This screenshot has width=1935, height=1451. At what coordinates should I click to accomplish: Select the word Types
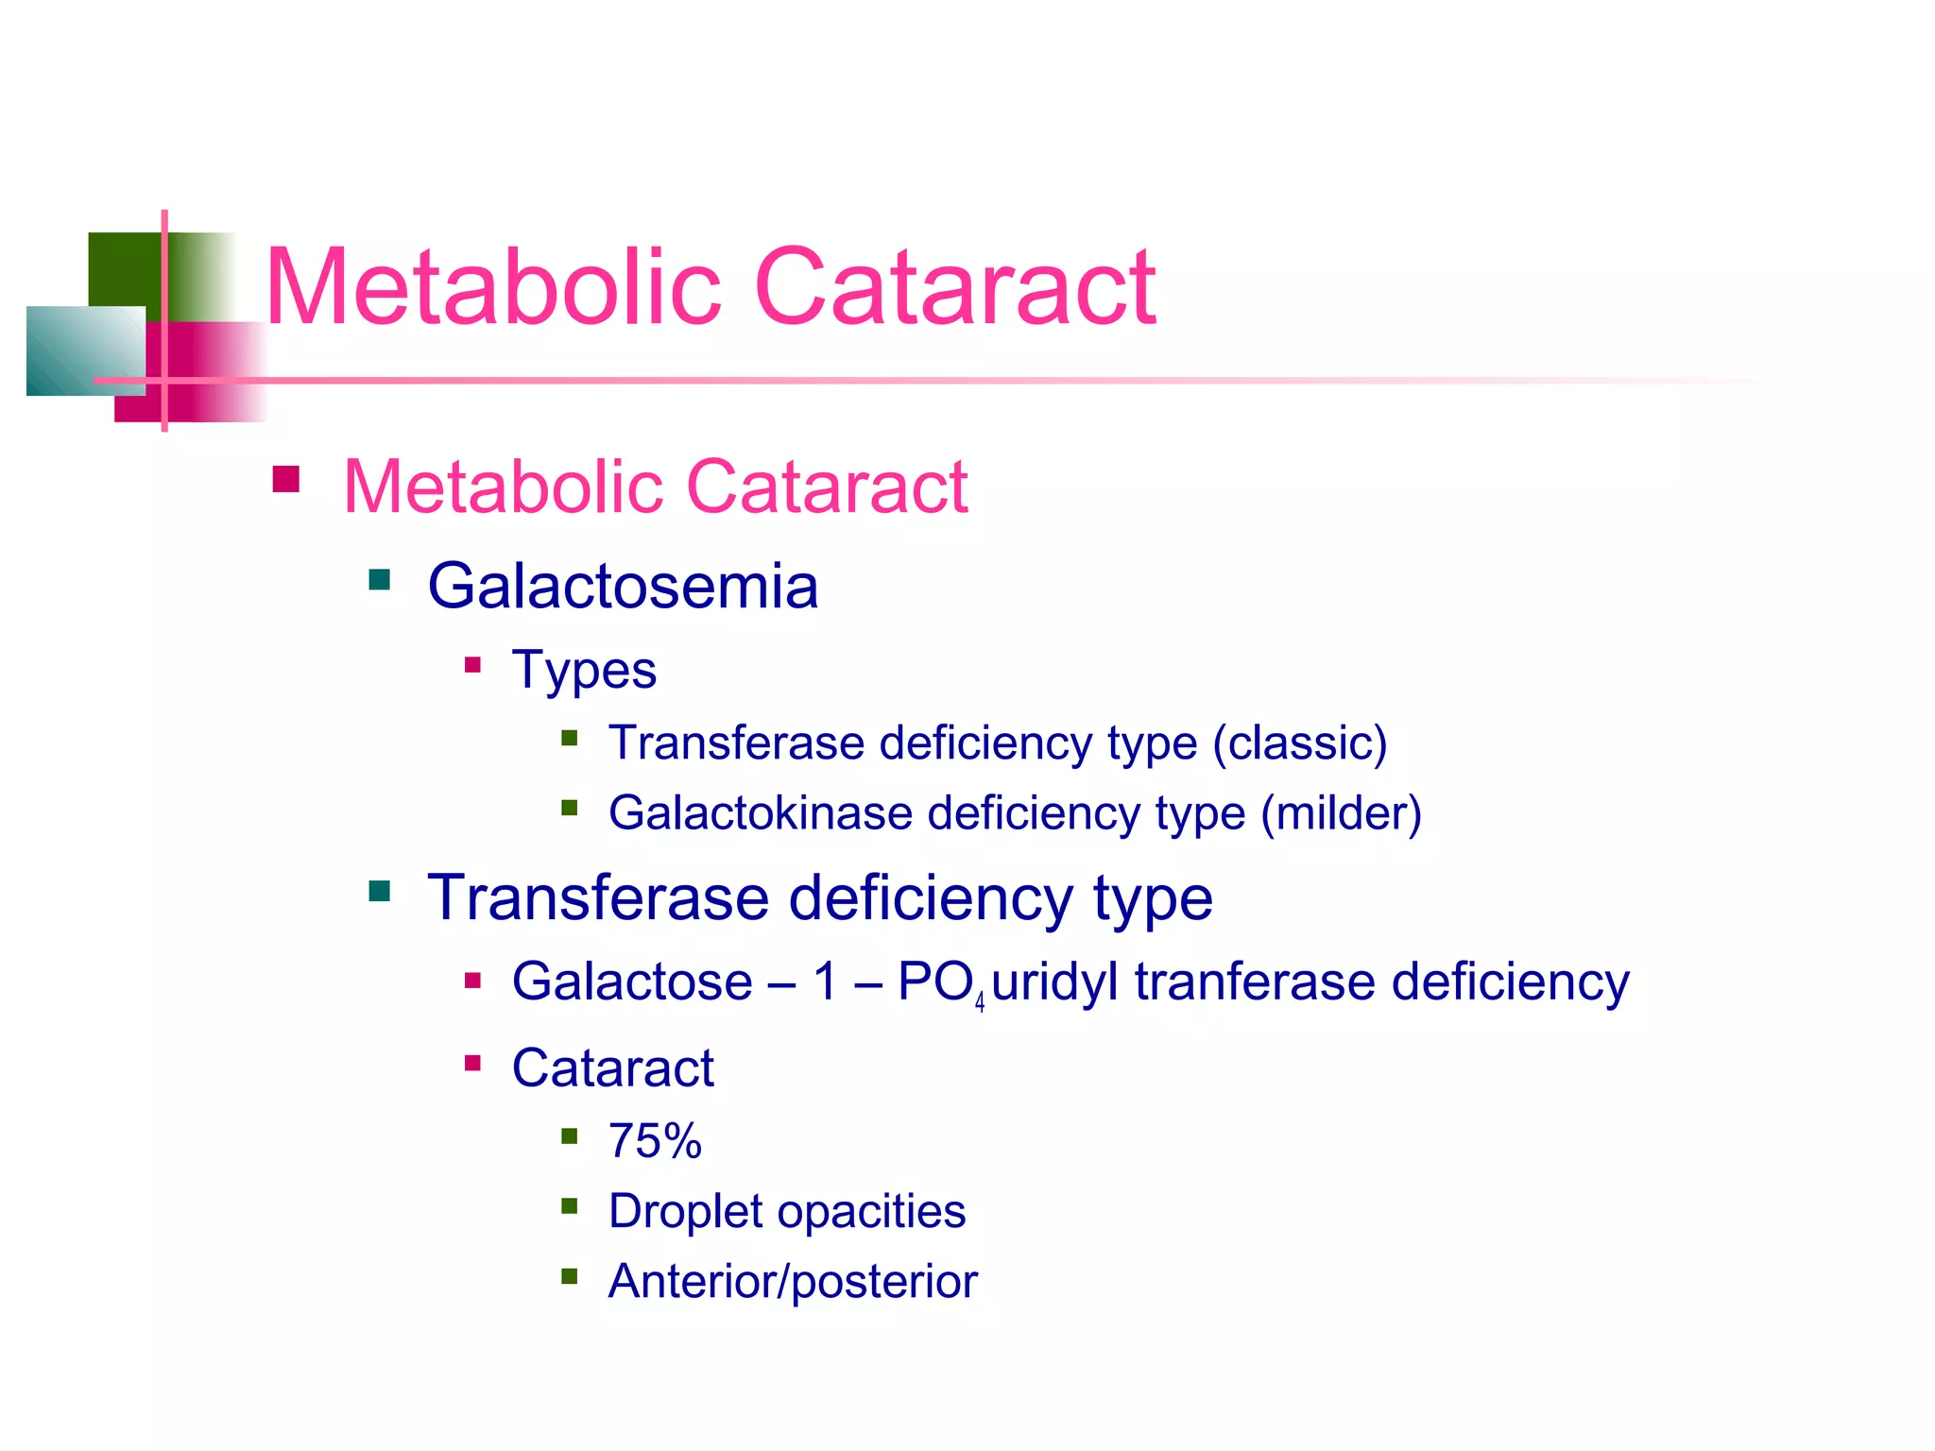click(584, 671)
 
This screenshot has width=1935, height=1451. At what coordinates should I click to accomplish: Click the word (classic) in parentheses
click(1300, 743)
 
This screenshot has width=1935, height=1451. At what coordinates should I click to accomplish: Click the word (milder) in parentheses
click(1341, 813)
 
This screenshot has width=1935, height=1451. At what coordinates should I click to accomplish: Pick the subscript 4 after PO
click(980, 1002)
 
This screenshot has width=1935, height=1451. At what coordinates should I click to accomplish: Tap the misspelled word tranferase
click(1255, 982)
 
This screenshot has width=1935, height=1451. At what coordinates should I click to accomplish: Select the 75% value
click(655, 1141)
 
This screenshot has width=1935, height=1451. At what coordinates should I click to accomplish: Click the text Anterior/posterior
click(793, 1282)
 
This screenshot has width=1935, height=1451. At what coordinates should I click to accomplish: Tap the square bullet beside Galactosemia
click(380, 579)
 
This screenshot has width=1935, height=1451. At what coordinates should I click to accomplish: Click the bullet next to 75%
click(569, 1135)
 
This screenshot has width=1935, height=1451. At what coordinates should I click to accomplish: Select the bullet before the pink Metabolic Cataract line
click(285, 480)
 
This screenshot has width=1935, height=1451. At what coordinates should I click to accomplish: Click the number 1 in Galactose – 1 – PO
click(826, 982)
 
